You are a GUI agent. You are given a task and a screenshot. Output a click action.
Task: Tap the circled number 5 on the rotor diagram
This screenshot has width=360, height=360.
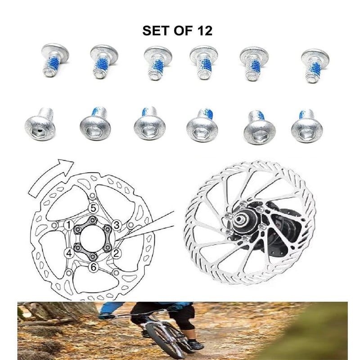(93, 208)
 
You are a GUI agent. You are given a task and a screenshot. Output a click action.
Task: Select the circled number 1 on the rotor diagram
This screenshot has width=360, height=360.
(68, 225)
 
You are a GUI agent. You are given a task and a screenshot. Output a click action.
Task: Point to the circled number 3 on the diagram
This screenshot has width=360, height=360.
(117, 225)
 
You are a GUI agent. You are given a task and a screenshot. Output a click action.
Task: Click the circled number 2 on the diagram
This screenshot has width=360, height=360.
(116, 253)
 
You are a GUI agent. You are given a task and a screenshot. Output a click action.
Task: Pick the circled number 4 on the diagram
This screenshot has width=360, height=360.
(69, 253)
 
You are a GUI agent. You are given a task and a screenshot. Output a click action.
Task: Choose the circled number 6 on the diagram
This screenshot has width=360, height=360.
(93, 267)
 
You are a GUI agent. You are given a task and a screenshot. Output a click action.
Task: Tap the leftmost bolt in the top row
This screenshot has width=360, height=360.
(54, 60)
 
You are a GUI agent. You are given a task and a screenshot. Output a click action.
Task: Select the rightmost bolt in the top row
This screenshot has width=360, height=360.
(315, 66)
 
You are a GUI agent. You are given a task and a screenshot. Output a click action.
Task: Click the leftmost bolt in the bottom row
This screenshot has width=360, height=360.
(40, 124)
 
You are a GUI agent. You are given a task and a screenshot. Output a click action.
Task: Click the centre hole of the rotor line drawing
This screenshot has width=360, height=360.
(92, 239)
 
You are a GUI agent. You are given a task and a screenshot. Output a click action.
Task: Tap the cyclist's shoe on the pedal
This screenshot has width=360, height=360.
(195, 344)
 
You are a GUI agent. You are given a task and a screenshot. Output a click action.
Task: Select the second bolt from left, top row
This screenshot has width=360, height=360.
(104, 62)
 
